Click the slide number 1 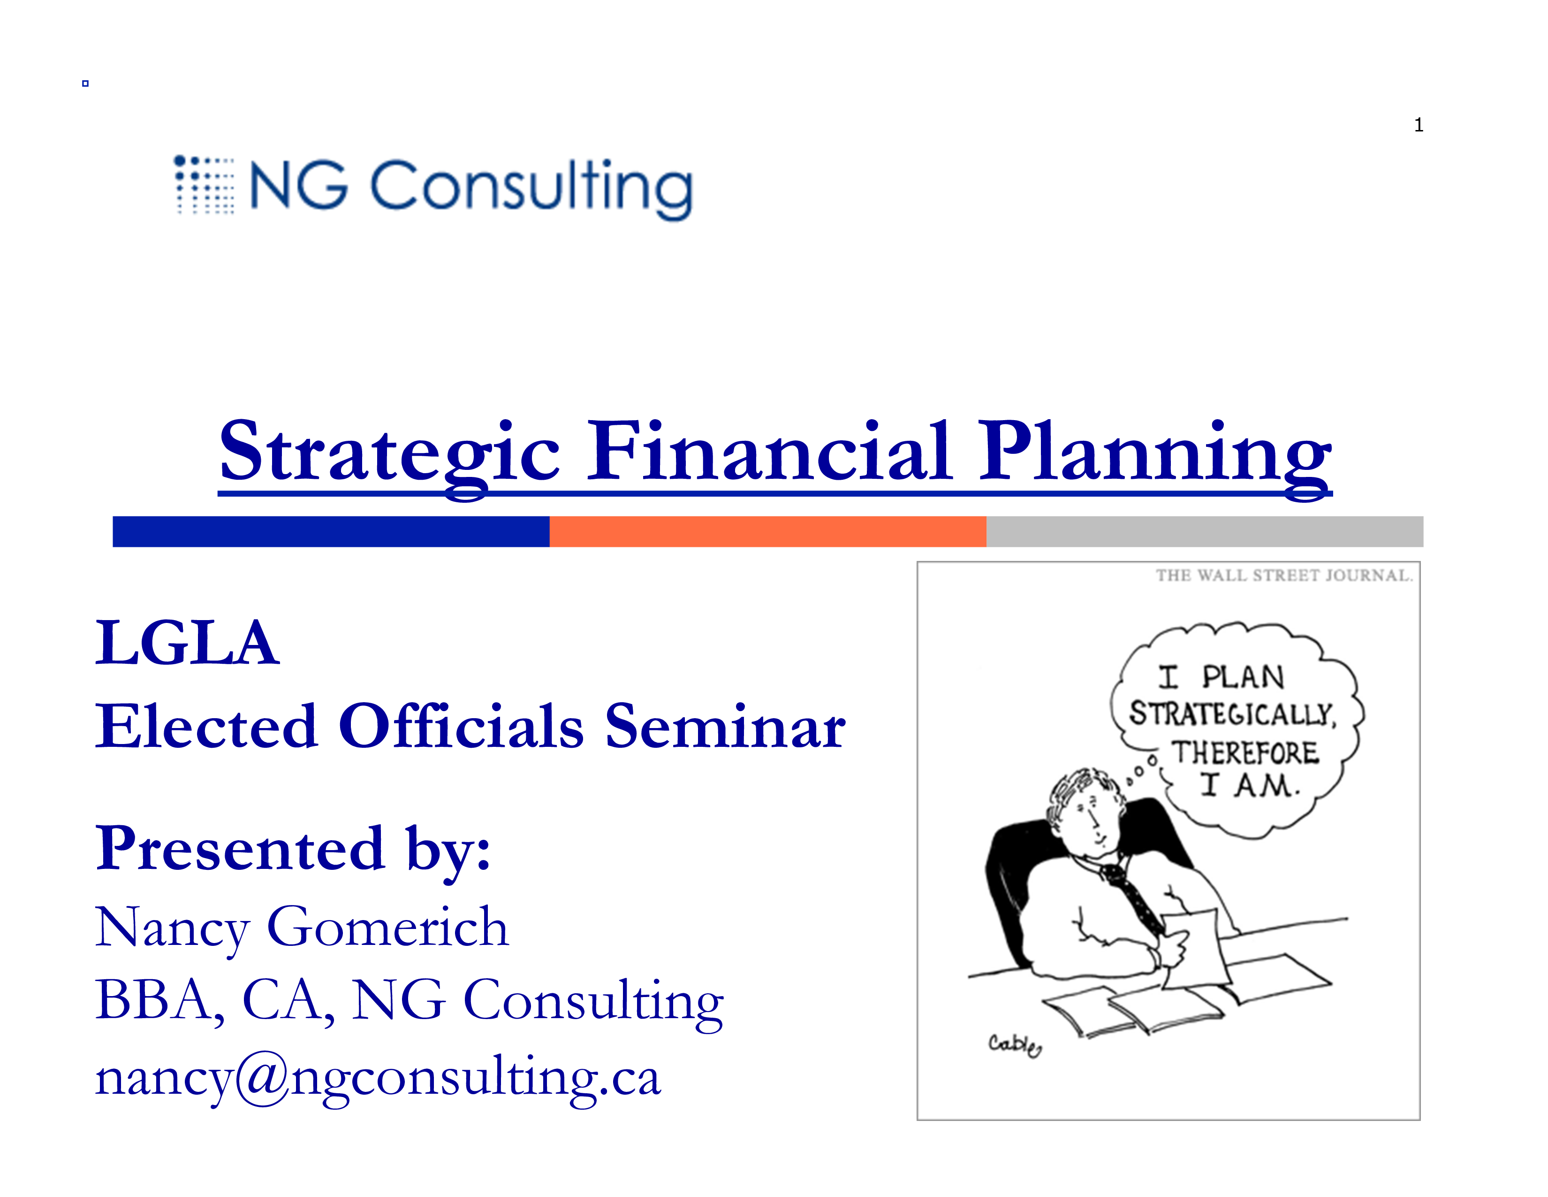(x=1418, y=125)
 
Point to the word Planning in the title (x=1155, y=457)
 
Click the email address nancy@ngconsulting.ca (x=378, y=1078)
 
